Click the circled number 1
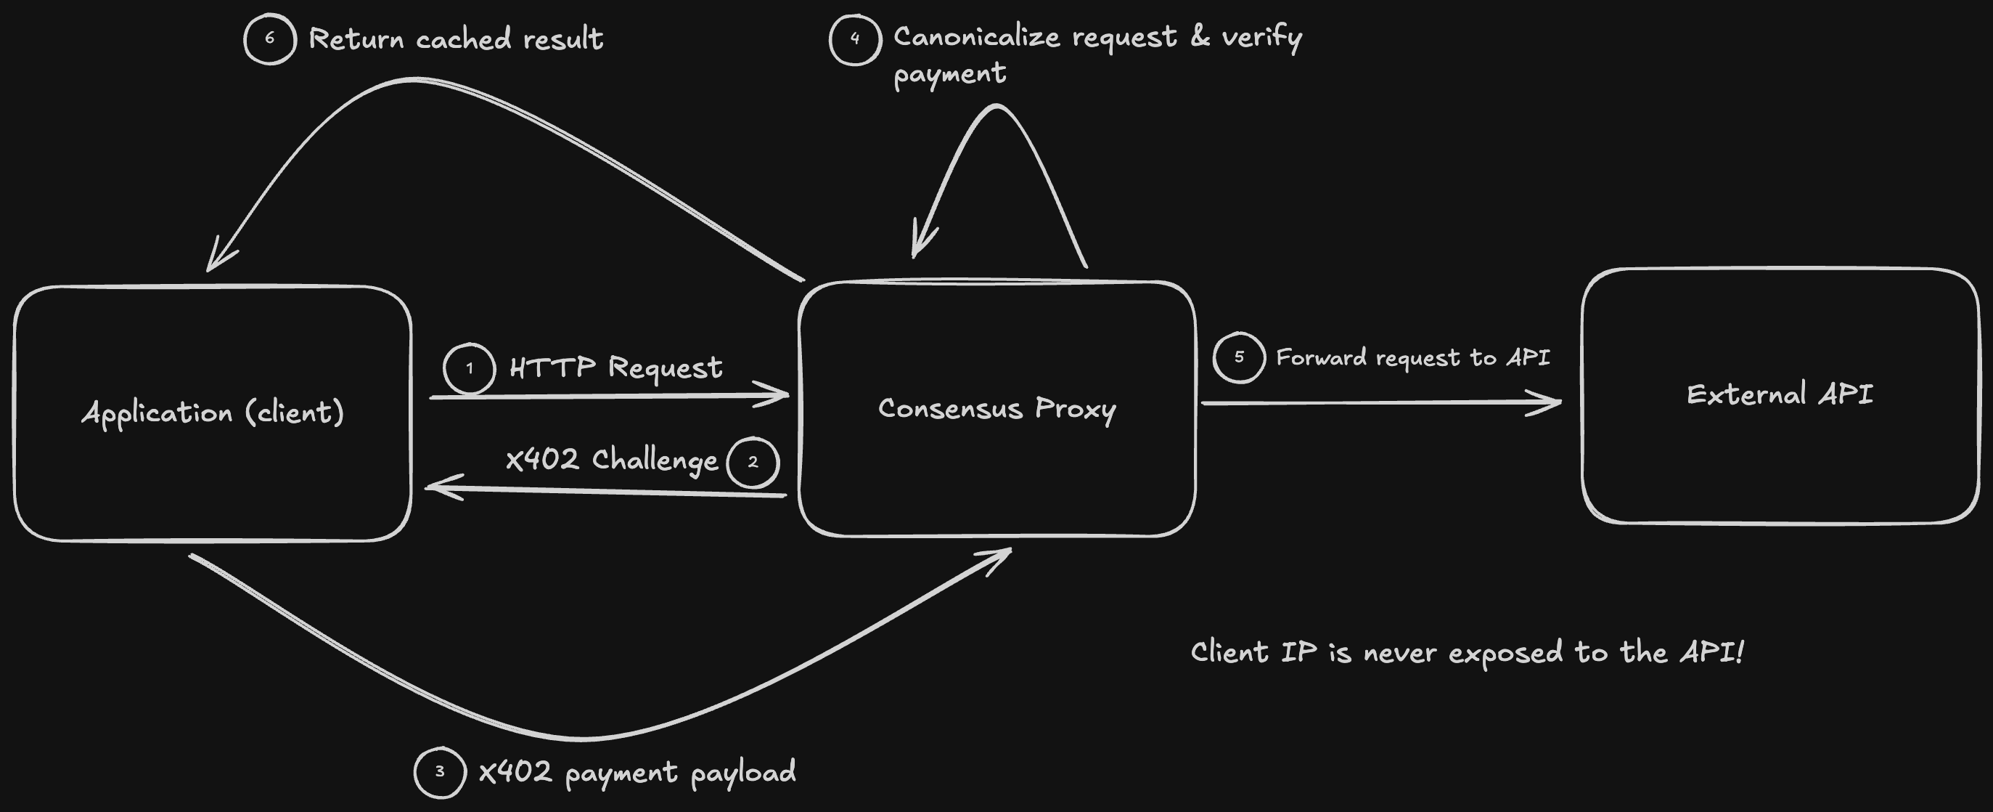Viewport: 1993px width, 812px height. point(470,368)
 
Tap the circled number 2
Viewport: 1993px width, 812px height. point(753,462)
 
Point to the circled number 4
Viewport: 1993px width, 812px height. point(855,38)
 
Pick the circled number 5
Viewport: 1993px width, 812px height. point(1239,357)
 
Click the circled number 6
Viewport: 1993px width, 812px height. point(269,38)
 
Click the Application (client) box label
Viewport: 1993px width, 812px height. point(213,413)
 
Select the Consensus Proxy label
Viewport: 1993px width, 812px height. point(997,409)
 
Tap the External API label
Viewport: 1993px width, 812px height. point(1780,395)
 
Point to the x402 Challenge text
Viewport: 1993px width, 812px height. point(611,460)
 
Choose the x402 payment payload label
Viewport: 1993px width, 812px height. point(637,772)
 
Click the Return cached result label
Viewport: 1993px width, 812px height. point(456,38)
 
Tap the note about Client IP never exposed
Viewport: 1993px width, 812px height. point(1467,651)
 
